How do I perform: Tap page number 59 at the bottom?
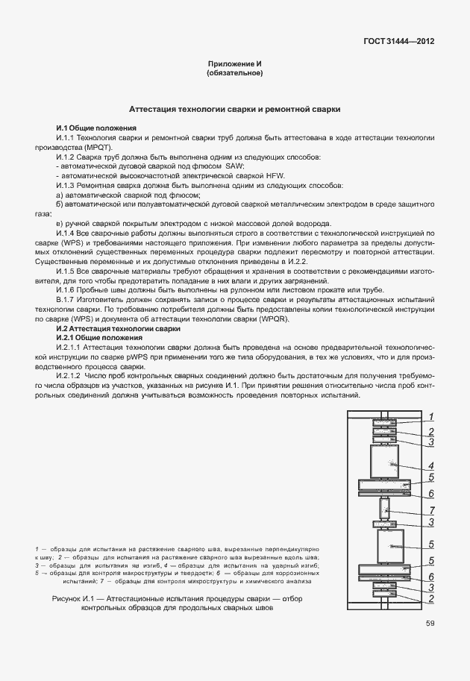pos(430,624)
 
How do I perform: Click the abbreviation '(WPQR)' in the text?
pos(272,319)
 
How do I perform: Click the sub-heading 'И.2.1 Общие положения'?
pos(99,338)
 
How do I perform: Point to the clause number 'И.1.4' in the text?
pos(66,233)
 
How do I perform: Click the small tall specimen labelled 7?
pos(385,509)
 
